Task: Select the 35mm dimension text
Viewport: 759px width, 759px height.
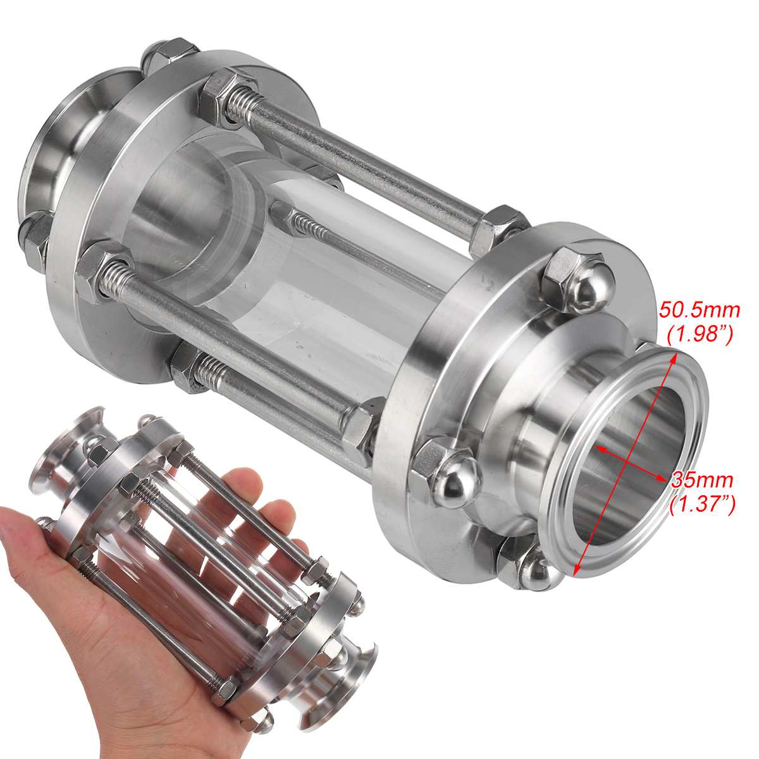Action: (x=702, y=479)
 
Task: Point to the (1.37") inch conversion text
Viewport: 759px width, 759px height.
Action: (x=702, y=503)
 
